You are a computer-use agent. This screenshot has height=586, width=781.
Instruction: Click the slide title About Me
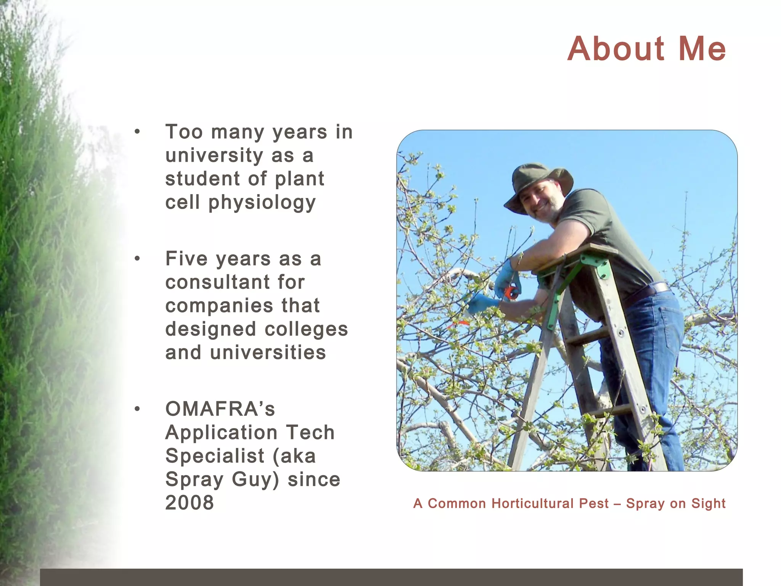[x=646, y=49]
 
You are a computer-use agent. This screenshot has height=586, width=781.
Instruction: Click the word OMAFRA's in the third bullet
[x=220, y=409]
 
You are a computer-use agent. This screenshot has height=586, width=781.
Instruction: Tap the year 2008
[x=190, y=502]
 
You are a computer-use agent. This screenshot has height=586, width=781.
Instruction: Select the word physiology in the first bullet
[x=262, y=202]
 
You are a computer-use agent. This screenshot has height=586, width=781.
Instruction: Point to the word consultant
[x=235, y=282]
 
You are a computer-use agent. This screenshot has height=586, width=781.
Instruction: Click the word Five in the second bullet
[x=186, y=259]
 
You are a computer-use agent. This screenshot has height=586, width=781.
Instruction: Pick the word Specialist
[x=215, y=456]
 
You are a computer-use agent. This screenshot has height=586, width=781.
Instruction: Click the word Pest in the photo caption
[x=593, y=504]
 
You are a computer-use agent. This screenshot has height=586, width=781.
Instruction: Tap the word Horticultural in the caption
[x=532, y=504]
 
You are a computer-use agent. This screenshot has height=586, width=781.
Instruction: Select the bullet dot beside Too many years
[x=137, y=132]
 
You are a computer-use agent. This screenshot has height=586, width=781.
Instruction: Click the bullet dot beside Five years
[x=137, y=259]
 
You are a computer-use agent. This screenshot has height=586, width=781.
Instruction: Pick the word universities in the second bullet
[x=268, y=353]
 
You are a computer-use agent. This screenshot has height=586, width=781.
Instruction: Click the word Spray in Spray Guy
[x=194, y=479]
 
